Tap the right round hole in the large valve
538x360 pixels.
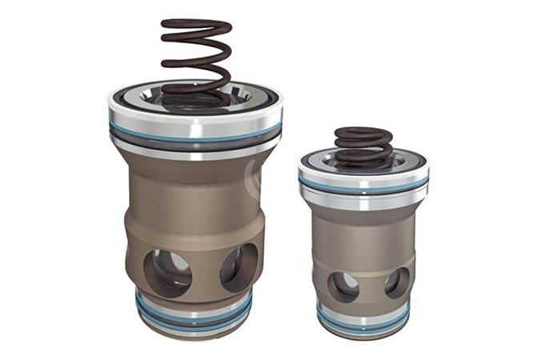point(238,267)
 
